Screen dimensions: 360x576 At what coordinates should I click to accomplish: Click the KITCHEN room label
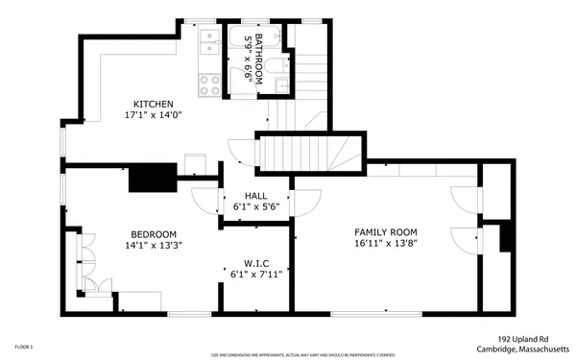click(x=153, y=104)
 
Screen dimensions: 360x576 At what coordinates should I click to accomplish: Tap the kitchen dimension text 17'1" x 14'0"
click(x=153, y=115)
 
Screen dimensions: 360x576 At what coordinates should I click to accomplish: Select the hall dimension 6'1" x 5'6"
click(x=255, y=205)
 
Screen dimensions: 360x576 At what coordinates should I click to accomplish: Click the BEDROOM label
click(x=154, y=233)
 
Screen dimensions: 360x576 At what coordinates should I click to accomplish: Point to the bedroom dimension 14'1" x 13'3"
click(x=154, y=245)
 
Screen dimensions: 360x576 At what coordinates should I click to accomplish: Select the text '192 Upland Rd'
click(x=526, y=338)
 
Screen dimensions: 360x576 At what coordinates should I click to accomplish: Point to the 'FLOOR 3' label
click(x=24, y=347)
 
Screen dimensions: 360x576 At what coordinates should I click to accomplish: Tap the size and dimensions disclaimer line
click(x=288, y=354)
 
